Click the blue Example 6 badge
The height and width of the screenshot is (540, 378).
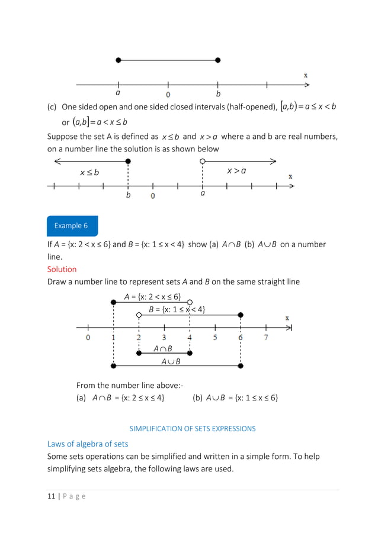coord(71,225)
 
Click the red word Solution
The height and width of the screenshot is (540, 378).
coord(62,269)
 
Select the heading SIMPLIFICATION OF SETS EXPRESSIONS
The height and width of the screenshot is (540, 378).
coord(193,429)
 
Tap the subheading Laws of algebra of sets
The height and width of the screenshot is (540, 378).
coord(88,444)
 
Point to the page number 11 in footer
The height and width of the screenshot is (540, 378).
coord(51,496)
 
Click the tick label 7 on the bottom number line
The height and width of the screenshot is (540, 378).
coord(266,338)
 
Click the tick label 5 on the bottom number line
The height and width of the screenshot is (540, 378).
coord(215,338)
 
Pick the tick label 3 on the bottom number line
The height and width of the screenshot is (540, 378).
coord(164,338)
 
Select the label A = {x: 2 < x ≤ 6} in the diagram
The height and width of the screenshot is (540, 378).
coord(152,297)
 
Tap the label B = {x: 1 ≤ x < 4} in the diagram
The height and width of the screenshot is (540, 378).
coord(177,309)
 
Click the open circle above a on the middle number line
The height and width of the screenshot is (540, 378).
coord(203,161)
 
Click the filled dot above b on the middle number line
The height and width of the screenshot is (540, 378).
coord(128,161)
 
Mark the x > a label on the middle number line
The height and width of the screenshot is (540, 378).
coord(236,171)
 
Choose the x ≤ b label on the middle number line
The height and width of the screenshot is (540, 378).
coord(89,173)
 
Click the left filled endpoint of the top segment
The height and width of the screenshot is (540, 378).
coord(118,60)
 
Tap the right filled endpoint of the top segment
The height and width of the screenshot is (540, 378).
coord(218,60)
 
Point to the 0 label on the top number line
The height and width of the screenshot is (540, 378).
coord(168,95)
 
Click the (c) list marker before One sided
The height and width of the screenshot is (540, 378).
coord(52,107)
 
